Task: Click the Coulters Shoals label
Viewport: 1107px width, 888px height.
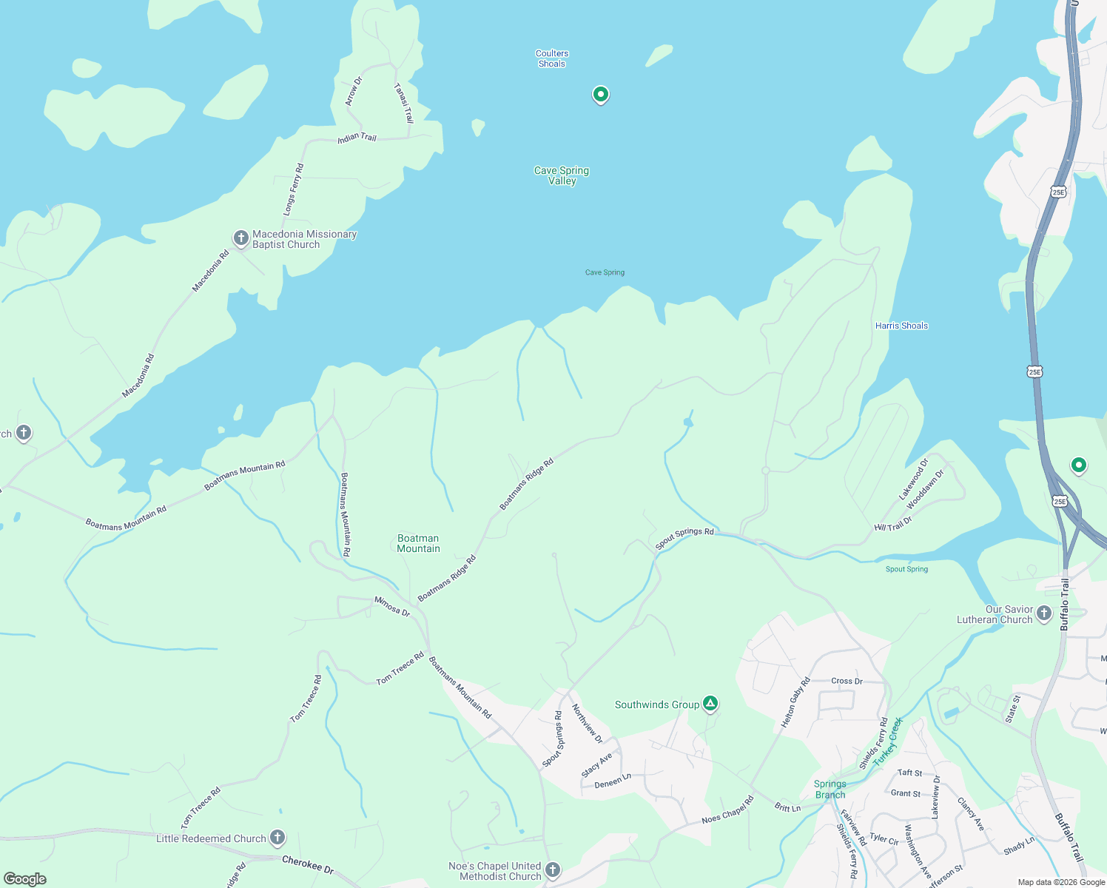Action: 552,58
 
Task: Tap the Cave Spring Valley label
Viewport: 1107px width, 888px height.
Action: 562,175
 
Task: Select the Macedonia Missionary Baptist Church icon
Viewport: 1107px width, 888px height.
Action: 240,238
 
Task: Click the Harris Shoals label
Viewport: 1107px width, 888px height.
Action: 901,326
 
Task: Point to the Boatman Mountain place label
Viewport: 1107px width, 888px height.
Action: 418,543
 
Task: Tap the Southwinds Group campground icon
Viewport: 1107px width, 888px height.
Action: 710,704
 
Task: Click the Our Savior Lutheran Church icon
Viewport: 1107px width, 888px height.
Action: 1044,613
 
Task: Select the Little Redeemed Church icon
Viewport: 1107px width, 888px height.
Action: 277,838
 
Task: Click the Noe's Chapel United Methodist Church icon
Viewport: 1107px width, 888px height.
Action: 553,869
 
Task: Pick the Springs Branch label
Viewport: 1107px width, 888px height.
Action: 830,790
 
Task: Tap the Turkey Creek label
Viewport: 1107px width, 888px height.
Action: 888,741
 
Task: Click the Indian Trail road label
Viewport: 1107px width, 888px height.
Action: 357,138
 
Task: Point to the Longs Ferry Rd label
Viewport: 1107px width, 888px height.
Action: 294,190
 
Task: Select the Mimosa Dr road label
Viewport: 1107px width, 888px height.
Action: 392,606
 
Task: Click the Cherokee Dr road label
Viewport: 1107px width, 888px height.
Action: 308,864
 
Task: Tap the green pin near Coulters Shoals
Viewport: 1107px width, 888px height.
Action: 601,95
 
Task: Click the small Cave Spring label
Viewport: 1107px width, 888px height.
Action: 605,272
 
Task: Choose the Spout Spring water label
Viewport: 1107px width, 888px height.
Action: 906,569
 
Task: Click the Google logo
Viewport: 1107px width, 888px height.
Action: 25,879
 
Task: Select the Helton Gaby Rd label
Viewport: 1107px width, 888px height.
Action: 796,702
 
